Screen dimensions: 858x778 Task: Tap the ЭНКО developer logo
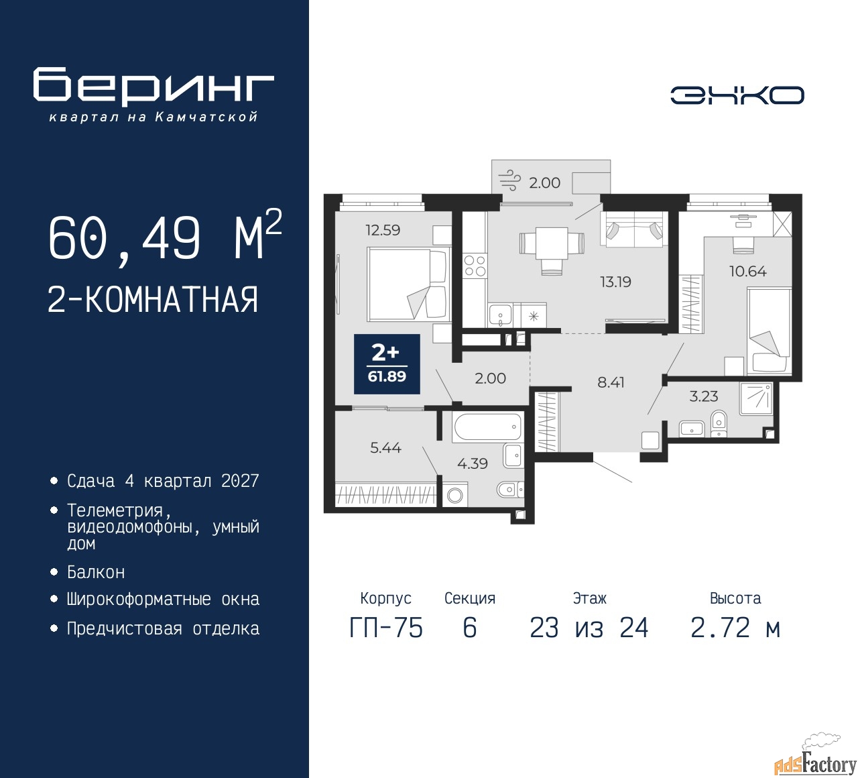pyautogui.click(x=737, y=95)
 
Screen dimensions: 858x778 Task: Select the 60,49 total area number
pyautogui.click(x=124, y=239)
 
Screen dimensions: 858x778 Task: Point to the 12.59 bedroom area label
pyautogui.click(x=383, y=230)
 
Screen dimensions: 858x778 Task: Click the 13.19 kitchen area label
pyautogui.click(x=615, y=282)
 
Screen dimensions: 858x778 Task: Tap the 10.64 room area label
pyautogui.click(x=747, y=271)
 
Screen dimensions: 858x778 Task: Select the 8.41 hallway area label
pyautogui.click(x=611, y=382)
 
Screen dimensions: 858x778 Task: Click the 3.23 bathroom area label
pyautogui.click(x=703, y=396)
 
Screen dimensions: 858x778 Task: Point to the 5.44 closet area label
pyautogui.click(x=385, y=447)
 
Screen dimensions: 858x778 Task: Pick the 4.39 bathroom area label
pyautogui.click(x=472, y=463)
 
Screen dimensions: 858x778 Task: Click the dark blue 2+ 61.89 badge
pyautogui.click(x=387, y=364)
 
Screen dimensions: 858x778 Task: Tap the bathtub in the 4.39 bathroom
pyautogui.click(x=487, y=427)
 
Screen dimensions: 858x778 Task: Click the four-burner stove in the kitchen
pyautogui.click(x=475, y=266)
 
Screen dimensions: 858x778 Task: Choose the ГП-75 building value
pyautogui.click(x=386, y=628)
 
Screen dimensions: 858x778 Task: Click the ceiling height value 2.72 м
pyautogui.click(x=735, y=628)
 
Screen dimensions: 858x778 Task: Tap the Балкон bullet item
pyautogui.click(x=96, y=572)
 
